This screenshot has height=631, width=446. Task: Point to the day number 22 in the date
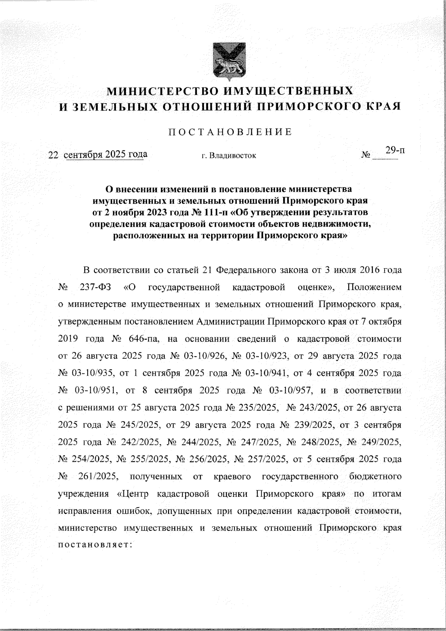click(x=54, y=155)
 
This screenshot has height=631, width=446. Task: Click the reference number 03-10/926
click(x=204, y=356)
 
